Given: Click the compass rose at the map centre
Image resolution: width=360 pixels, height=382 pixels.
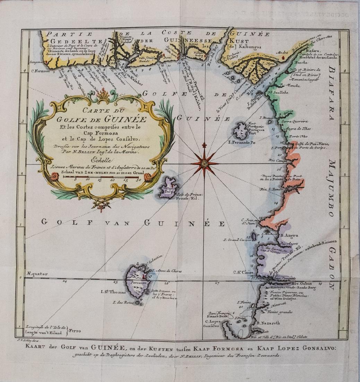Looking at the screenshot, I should click(204, 163).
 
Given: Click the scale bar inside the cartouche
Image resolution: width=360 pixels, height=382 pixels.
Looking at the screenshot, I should click(101, 176).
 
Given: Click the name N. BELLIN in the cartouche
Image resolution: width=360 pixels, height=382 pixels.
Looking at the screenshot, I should click(78, 151).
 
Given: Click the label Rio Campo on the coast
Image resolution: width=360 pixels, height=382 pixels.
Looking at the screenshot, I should click(276, 160).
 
